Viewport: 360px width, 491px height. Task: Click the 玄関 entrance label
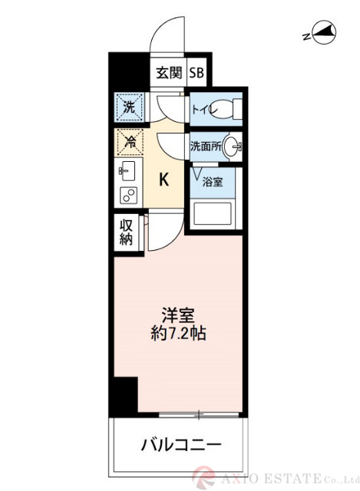tap(170, 73)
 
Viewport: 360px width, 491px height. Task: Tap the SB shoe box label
tap(197, 73)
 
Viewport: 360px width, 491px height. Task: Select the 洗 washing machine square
tap(129, 107)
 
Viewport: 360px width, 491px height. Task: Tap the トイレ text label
tap(203, 110)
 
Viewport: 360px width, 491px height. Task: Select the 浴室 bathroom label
tap(213, 182)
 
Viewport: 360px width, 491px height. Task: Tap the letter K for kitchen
tap(164, 180)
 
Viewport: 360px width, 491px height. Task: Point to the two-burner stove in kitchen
tap(127, 195)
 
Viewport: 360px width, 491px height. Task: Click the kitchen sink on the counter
tap(127, 170)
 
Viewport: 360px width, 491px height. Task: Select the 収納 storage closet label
tap(127, 232)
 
